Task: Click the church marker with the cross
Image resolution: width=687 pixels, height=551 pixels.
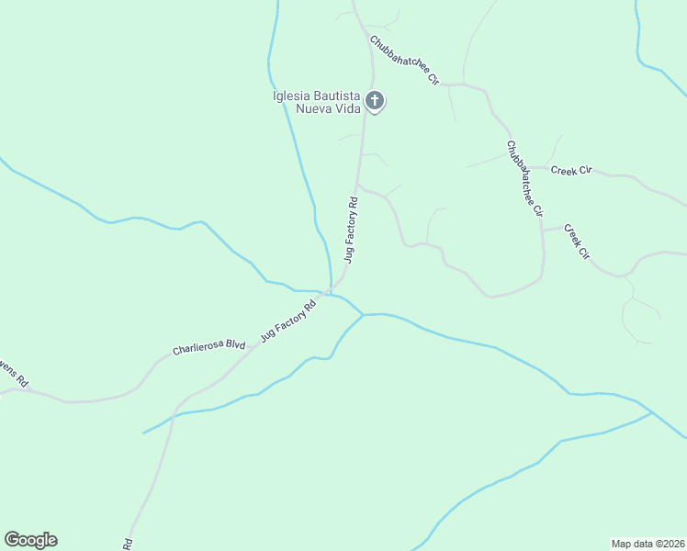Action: [x=375, y=100]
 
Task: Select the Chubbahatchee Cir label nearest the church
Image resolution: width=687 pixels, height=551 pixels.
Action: [x=404, y=61]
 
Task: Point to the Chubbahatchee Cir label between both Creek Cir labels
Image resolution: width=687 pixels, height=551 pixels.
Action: [x=525, y=178]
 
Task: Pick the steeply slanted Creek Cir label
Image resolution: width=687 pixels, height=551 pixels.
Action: [x=576, y=242]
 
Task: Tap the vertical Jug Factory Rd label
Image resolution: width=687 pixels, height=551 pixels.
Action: [x=351, y=229]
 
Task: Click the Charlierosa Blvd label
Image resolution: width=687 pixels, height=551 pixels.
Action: [x=209, y=347]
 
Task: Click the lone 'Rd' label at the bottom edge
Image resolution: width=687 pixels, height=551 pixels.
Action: [x=128, y=543]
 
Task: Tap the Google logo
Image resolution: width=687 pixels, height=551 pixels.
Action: [x=30, y=540]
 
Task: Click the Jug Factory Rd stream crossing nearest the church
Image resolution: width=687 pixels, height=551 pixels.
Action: [x=329, y=293]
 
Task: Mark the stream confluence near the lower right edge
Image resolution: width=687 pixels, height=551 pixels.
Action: [x=652, y=412]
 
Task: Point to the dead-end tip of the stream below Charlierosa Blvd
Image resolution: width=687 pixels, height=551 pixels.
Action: [x=144, y=432]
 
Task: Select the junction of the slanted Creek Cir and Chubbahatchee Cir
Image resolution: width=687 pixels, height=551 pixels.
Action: [x=543, y=228]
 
